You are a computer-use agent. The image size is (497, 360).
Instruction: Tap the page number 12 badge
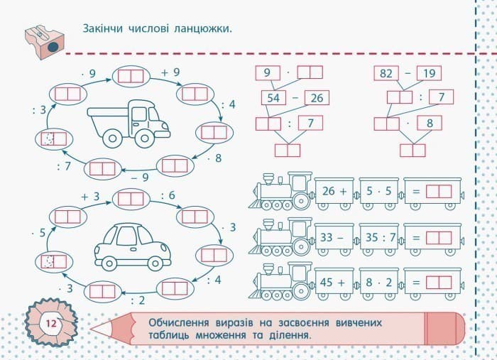[51, 323]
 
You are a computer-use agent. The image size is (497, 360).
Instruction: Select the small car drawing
[133, 245]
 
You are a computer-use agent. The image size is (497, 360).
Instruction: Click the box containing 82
[386, 72]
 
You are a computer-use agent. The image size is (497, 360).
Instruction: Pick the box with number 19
[429, 72]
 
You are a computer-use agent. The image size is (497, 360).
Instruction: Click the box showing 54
[273, 97]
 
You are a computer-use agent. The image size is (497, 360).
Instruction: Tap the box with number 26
[317, 97]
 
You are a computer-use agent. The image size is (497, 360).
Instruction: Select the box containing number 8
[430, 123]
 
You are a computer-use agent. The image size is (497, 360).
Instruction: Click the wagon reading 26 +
[334, 192]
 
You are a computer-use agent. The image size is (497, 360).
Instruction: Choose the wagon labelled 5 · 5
[379, 192]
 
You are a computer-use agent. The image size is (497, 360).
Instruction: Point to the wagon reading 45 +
[334, 281]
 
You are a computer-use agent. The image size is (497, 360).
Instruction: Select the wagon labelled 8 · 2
[379, 281]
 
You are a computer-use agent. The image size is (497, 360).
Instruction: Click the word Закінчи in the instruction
[105, 29]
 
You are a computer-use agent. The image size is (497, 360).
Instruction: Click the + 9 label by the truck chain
[170, 72]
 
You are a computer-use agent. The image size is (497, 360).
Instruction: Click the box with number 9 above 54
[267, 72]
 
